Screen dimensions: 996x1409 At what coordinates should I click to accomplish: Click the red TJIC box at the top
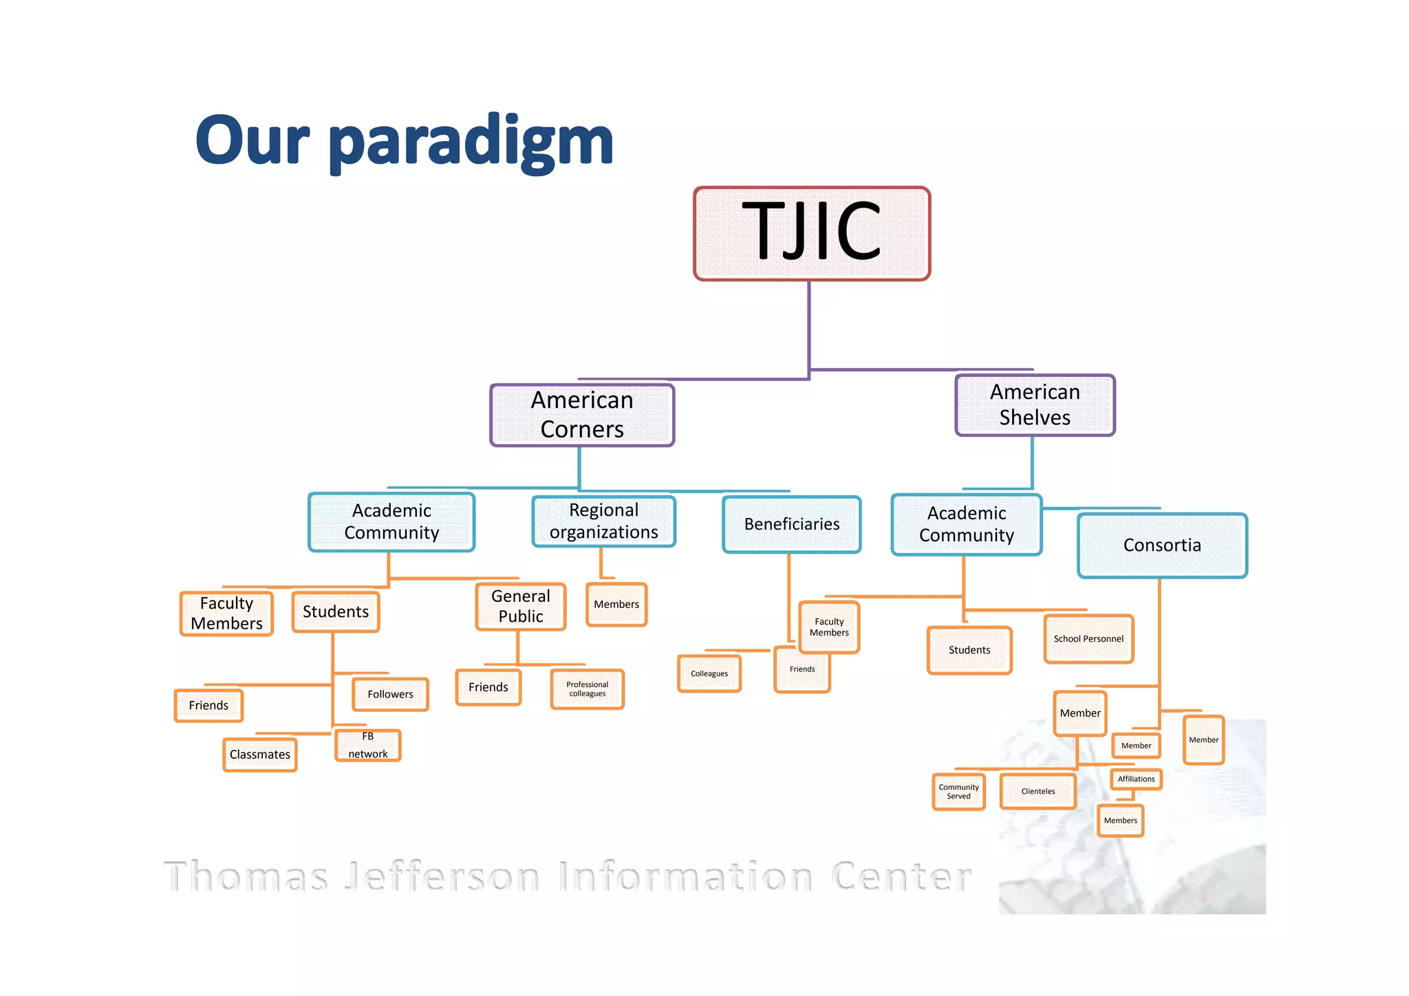pos(812,234)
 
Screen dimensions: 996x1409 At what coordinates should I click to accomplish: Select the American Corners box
pos(582,415)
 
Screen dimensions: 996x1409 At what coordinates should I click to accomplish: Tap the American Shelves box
pos(1035,405)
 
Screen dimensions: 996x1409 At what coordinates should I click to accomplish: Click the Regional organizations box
pos(603,521)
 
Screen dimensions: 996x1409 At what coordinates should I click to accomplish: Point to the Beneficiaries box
pos(791,524)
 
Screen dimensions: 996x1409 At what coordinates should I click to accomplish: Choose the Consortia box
pos(1162,545)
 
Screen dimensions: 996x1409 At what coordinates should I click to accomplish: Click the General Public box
pos(521,607)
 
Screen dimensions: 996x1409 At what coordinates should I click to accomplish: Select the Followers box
pos(390,695)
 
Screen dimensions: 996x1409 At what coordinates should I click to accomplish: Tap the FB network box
pos(368,746)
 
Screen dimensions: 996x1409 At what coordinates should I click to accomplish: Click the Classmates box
pos(260,755)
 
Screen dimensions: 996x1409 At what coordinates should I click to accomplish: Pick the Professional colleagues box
pos(587,689)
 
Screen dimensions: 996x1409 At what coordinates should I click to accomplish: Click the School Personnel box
pos(1088,639)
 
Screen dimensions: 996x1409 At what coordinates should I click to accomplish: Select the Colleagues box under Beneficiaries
pos(709,674)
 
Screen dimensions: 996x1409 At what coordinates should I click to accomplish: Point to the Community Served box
pos(958,792)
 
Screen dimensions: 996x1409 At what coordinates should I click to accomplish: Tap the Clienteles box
pos(1037,792)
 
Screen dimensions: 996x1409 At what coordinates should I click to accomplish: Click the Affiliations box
pos(1136,779)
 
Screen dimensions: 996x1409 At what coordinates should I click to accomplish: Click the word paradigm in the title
pos(471,143)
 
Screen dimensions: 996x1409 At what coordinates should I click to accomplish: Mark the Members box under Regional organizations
pos(616,605)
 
